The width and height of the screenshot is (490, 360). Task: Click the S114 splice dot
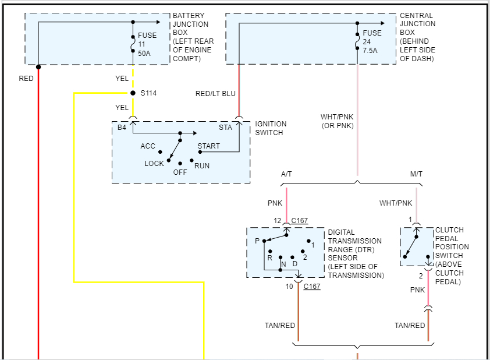(133, 93)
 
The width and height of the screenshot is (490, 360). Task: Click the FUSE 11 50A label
(147, 44)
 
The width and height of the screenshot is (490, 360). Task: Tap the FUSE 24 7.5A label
(372, 42)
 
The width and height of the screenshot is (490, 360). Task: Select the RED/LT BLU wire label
(215, 94)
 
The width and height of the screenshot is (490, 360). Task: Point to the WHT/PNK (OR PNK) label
(337, 121)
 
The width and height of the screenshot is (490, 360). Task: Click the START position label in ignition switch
(208, 146)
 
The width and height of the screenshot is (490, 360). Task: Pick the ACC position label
(148, 146)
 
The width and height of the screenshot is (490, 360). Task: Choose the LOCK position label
(154, 164)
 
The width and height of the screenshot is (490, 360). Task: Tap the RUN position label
(202, 166)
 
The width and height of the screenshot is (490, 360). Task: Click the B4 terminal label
(122, 128)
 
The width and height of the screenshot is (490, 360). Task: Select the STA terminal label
(225, 128)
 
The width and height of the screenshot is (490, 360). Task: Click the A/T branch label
(287, 174)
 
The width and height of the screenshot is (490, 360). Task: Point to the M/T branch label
(417, 174)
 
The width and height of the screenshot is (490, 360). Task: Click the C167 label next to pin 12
(299, 221)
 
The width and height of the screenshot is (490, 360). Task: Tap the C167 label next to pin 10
(312, 286)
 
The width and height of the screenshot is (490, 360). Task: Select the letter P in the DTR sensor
(257, 241)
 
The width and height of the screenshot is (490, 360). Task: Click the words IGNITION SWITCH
(271, 128)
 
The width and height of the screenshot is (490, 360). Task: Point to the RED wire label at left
(26, 78)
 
